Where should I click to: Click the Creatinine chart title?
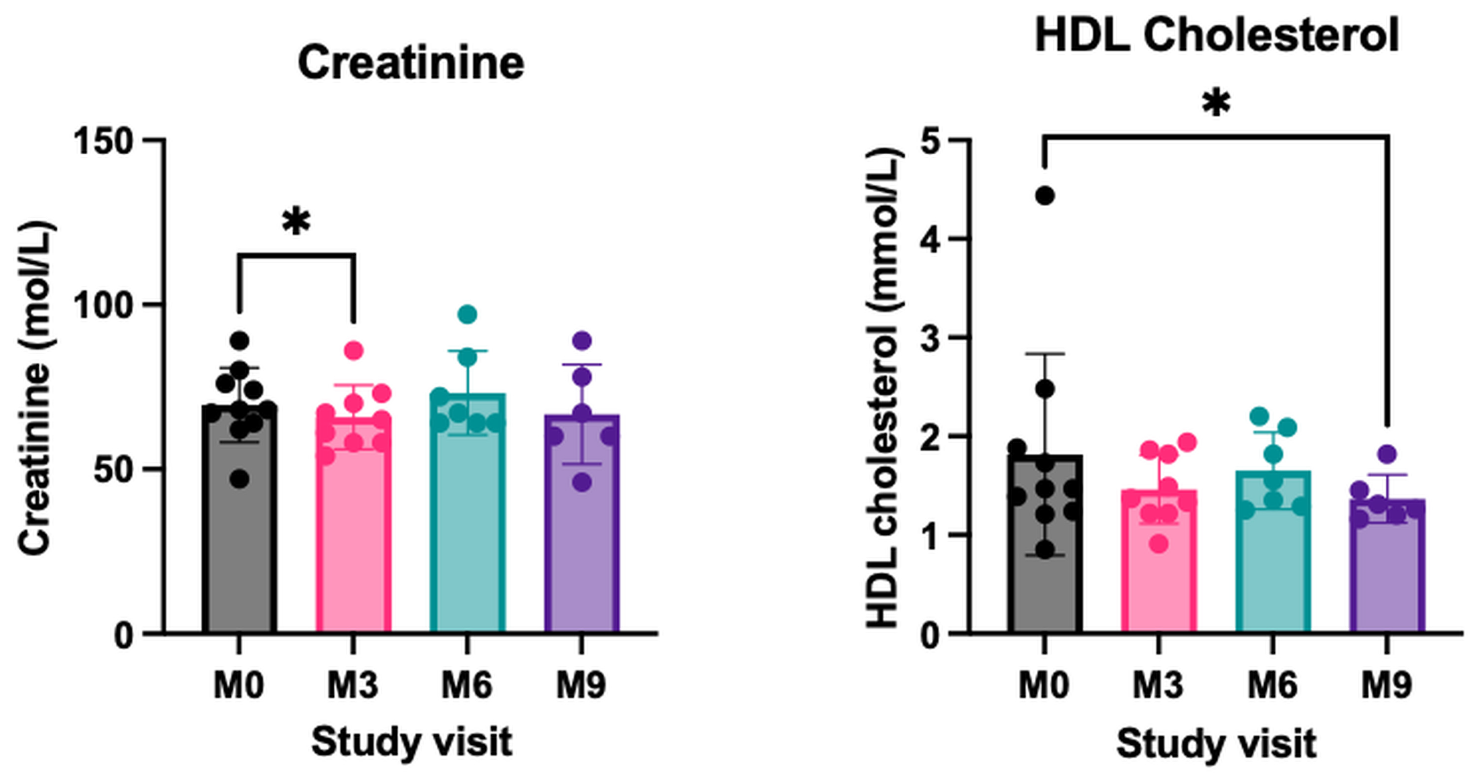411,63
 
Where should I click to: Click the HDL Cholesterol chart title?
1216,35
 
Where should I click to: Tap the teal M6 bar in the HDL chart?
1273,551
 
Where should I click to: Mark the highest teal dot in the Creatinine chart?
467,314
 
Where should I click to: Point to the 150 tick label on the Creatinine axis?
104,140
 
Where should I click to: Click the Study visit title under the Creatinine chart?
411,742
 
